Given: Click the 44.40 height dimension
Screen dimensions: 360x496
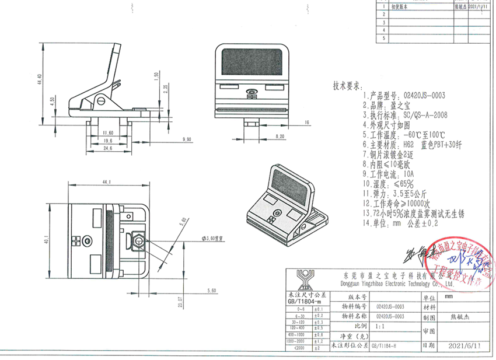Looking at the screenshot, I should (x=40, y=79).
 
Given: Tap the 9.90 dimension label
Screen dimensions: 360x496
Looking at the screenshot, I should (x=187, y=139).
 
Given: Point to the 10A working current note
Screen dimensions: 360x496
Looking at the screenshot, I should (x=388, y=173).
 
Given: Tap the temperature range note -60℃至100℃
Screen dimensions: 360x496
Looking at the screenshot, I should (x=396, y=133).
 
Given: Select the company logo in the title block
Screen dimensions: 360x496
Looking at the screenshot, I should (x=303, y=279).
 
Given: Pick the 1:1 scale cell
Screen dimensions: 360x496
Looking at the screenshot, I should (x=382, y=326).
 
